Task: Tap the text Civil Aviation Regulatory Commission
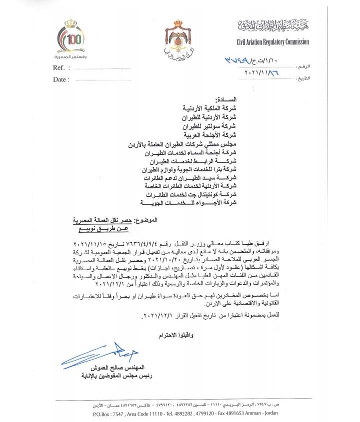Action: pyautogui.click(x=272, y=42)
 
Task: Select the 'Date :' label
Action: pyautogui.click(x=61, y=80)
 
